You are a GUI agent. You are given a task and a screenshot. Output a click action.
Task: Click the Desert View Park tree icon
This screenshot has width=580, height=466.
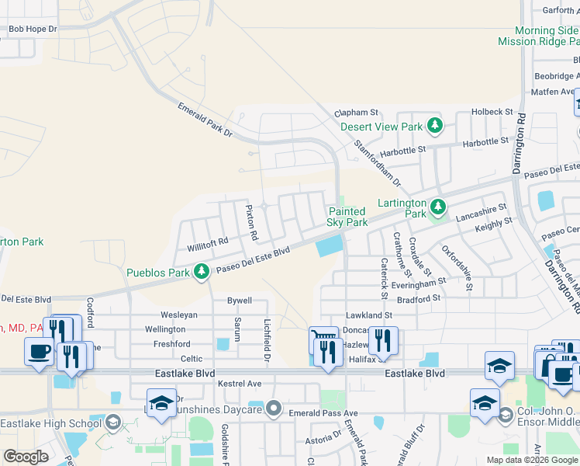pyautogui.click(x=435, y=126)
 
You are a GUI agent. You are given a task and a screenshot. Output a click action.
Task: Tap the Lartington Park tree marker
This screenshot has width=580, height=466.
pyautogui.click(x=438, y=207)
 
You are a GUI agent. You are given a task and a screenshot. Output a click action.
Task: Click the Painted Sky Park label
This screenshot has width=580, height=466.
pyautogui.click(x=347, y=217)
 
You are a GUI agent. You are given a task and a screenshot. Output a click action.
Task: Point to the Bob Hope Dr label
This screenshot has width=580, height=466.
pyautogui.click(x=33, y=30)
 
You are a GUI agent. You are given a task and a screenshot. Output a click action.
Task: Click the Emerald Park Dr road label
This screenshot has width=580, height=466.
pyautogui.click(x=205, y=120)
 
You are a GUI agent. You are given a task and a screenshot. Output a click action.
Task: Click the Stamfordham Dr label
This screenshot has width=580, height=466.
pyautogui.click(x=378, y=163)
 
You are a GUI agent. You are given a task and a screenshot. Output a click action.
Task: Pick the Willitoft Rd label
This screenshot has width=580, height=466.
pyautogui.click(x=208, y=244)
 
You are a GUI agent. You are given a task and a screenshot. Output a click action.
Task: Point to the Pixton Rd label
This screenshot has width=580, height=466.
pyautogui.click(x=251, y=221)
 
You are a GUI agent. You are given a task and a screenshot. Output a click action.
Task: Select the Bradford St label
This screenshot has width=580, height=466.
pyautogui.click(x=419, y=297)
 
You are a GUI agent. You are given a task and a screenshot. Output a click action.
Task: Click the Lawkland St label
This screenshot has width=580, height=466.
pyautogui.click(x=369, y=315)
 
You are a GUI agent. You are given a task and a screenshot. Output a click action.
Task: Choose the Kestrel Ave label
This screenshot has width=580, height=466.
pyautogui.click(x=239, y=384)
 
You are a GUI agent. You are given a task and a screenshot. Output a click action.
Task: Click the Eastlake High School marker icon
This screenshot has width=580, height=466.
pyautogui.click(x=113, y=423)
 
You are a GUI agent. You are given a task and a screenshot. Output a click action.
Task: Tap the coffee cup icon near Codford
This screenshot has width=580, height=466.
pyautogui.click(x=39, y=351)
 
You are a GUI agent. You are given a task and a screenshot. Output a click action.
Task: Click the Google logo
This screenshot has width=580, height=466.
pyautogui.click(x=26, y=456)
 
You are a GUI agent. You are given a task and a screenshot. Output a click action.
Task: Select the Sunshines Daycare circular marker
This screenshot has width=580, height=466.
pyautogui.click(x=273, y=409)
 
